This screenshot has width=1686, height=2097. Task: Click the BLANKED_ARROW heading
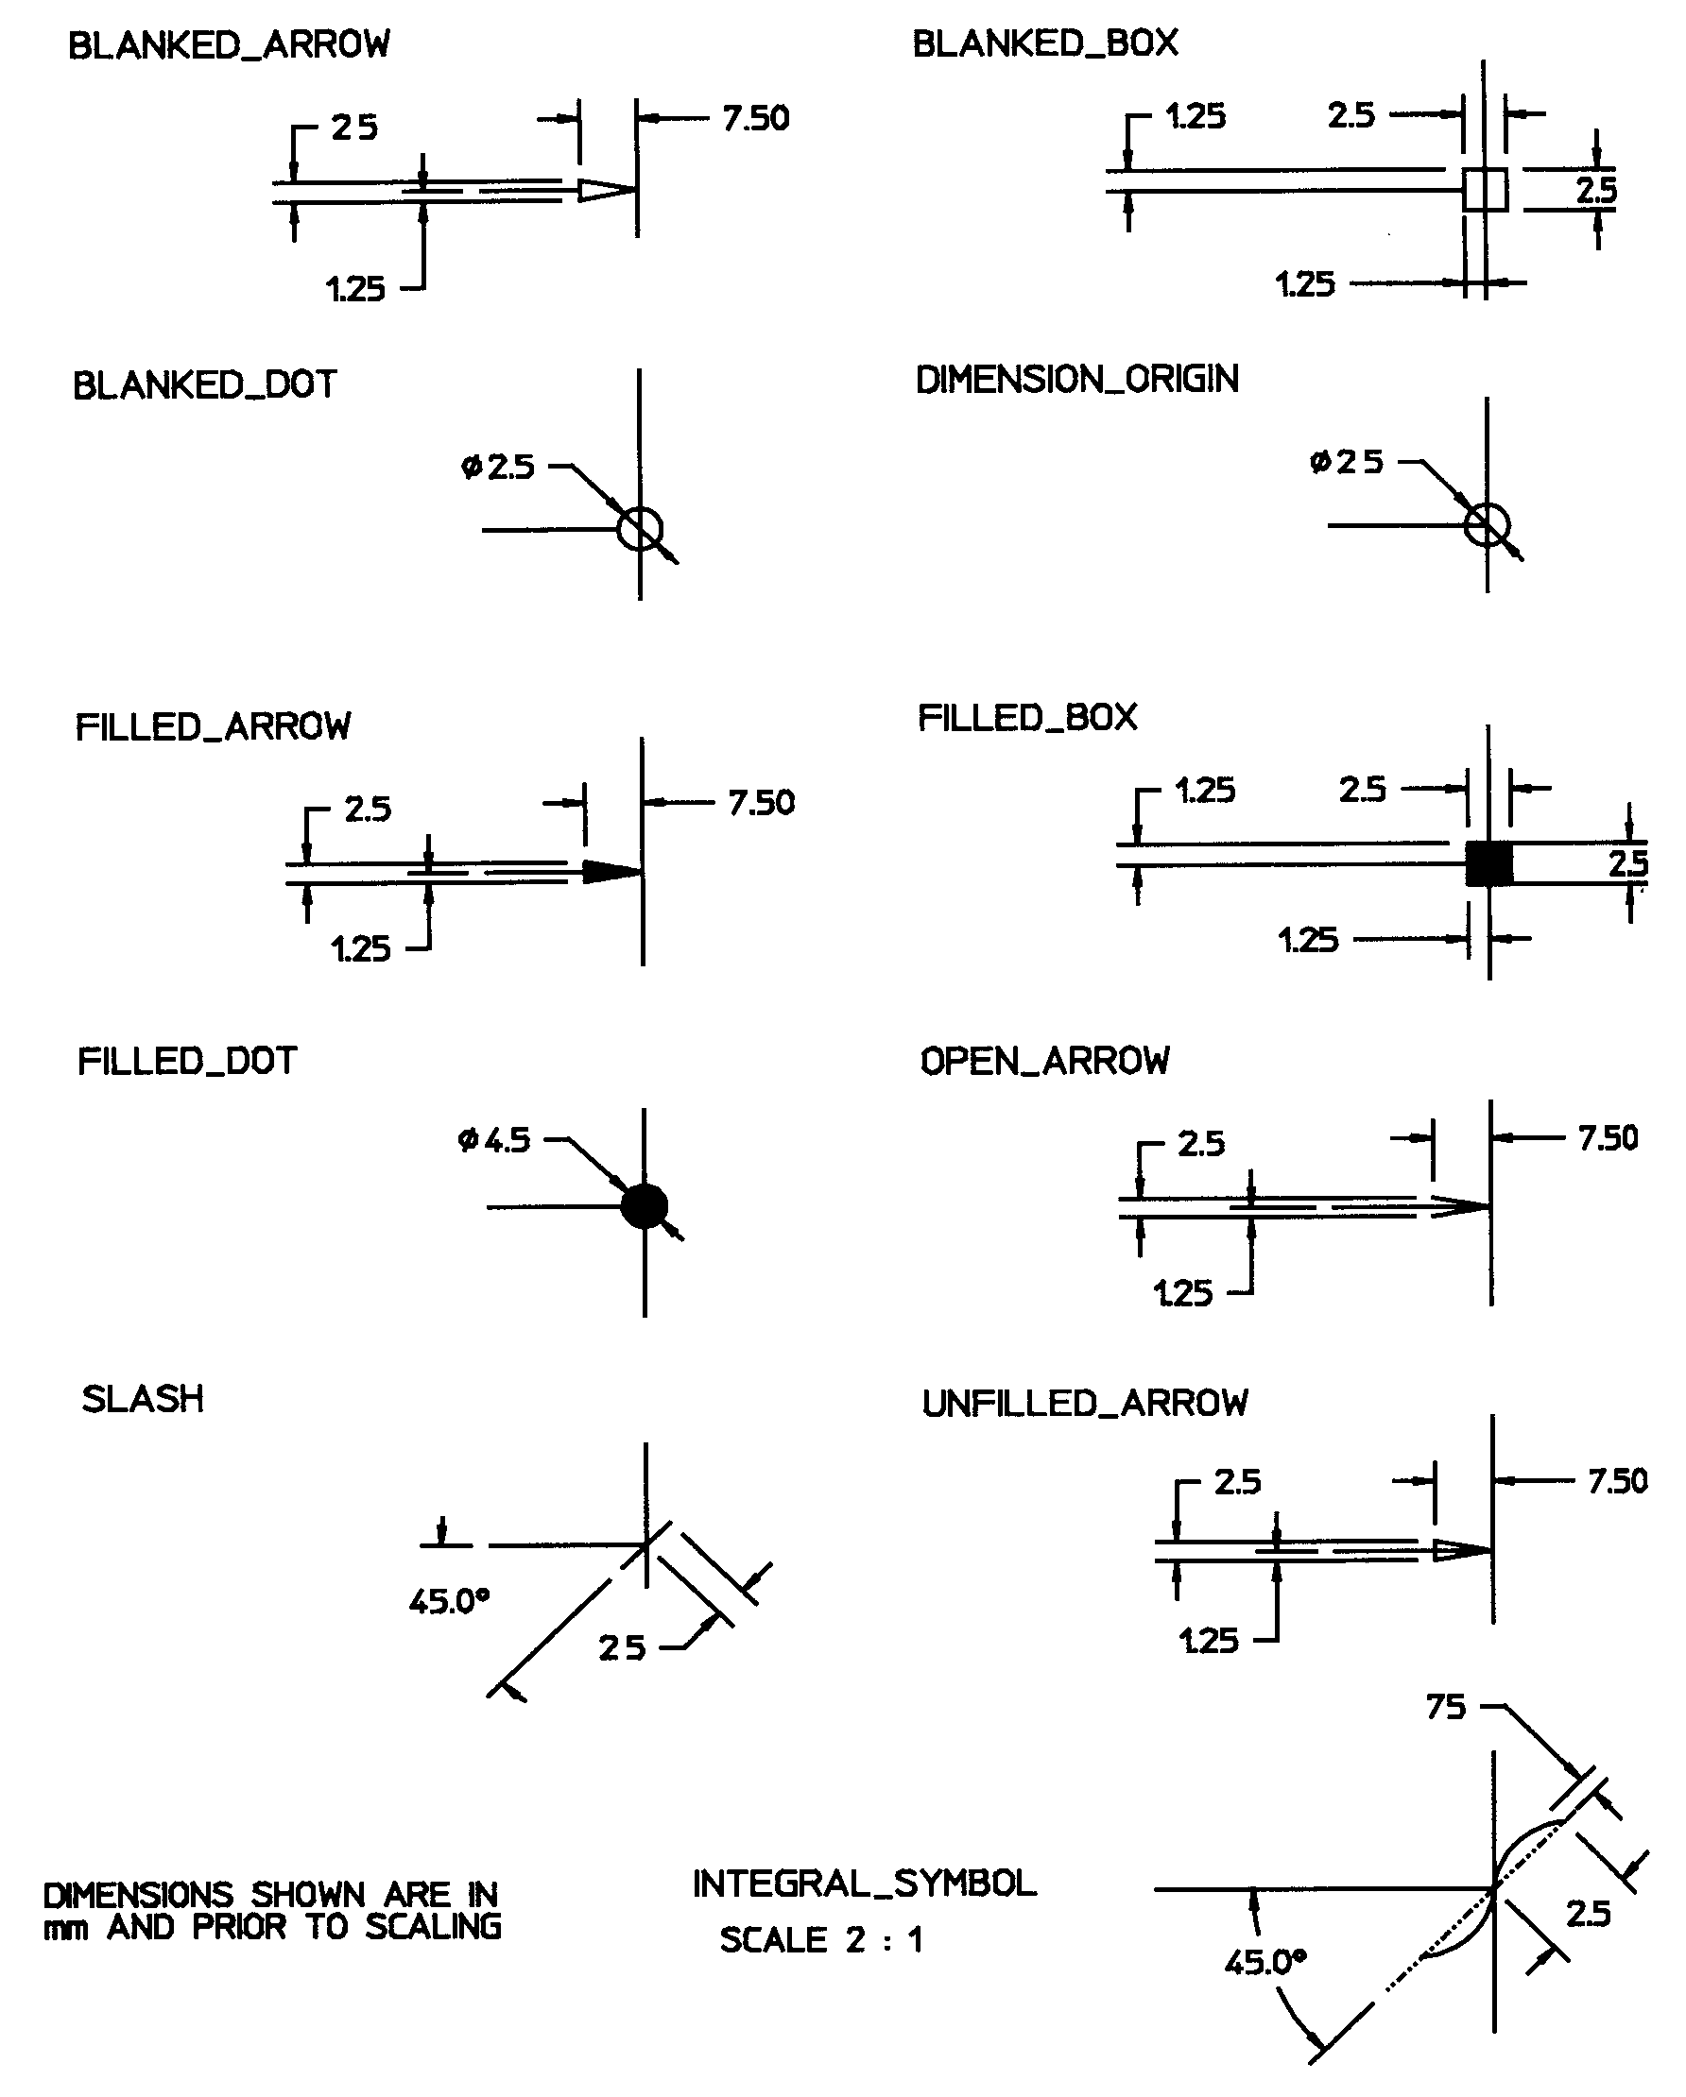(229, 44)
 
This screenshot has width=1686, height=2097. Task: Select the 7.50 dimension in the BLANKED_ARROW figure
(755, 119)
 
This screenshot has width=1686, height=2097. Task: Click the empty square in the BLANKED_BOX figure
(1486, 189)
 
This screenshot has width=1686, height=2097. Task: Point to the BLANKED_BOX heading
(1045, 43)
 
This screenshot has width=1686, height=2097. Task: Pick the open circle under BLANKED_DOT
(640, 529)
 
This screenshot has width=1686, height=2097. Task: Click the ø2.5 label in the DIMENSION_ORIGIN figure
(1347, 461)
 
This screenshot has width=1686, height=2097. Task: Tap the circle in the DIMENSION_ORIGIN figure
(1487, 525)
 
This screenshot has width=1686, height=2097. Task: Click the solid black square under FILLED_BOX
(1488, 862)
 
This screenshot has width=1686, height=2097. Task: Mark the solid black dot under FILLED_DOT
(644, 1206)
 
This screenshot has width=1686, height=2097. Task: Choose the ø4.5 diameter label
(494, 1139)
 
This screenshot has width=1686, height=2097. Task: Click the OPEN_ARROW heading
(1045, 1060)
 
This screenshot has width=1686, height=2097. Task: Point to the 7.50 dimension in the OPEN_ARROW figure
(1608, 1137)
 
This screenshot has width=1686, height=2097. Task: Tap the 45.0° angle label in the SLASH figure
(449, 1600)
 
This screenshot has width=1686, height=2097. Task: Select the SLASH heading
(143, 1399)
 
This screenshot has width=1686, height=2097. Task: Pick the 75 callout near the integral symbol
(1446, 1706)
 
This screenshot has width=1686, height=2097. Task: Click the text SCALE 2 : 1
(821, 1939)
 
